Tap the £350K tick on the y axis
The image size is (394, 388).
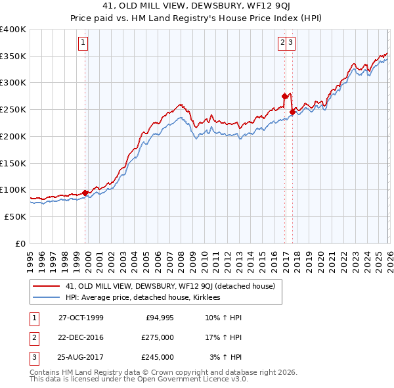click(x=13, y=57)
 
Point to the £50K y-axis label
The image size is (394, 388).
click(x=16, y=216)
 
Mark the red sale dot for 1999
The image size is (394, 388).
click(x=85, y=193)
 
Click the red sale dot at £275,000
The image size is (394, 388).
click(x=284, y=96)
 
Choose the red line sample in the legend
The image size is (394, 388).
click(x=46, y=286)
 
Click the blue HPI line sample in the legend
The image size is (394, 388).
click(x=46, y=297)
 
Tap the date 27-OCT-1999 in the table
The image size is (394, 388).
click(x=81, y=318)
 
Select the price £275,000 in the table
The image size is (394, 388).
click(x=158, y=337)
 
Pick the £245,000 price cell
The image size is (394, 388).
click(x=158, y=357)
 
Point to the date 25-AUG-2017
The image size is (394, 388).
click(x=81, y=357)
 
